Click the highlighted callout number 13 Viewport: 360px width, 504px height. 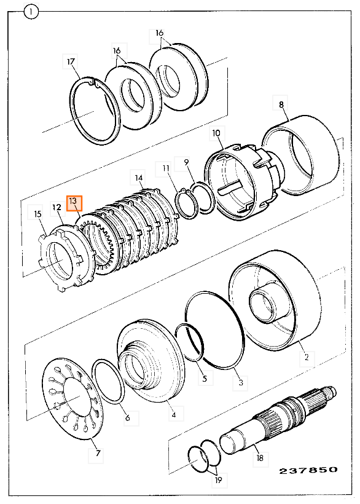[x=74, y=203]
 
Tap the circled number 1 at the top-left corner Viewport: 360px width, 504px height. [x=31, y=12]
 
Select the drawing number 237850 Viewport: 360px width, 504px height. [x=308, y=471]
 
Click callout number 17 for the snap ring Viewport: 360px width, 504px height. [x=71, y=61]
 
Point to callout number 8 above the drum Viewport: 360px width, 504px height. [x=281, y=104]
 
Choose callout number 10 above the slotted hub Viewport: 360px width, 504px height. [x=216, y=133]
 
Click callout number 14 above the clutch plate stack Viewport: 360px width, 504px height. [x=138, y=178]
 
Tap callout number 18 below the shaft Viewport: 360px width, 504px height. [x=260, y=457]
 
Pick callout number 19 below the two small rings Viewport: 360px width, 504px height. [x=218, y=480]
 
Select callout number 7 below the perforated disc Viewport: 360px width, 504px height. [x=98, y=453]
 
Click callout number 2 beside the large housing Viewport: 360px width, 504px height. [x=307, y=356]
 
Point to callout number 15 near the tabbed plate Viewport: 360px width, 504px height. [x=37, y=214]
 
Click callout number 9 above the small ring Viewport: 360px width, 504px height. [x=186, y=163]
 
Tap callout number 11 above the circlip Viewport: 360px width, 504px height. [x=165, y=168]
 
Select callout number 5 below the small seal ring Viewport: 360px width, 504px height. [x=205, y=379]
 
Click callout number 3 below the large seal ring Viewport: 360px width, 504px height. [x=241, y=382]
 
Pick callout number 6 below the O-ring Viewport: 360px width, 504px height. [x=128, y=417]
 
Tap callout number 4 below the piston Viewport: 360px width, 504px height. [x=174, y=415]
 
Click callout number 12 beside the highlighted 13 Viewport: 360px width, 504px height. [x=57, y=208]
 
